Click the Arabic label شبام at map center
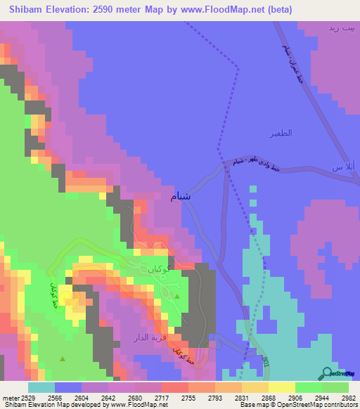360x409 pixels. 181,196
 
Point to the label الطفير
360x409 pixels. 280,133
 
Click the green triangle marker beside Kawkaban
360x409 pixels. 177,297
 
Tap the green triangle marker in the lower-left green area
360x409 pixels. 63,359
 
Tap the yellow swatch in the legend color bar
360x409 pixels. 281,387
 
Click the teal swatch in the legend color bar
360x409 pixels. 41,387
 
